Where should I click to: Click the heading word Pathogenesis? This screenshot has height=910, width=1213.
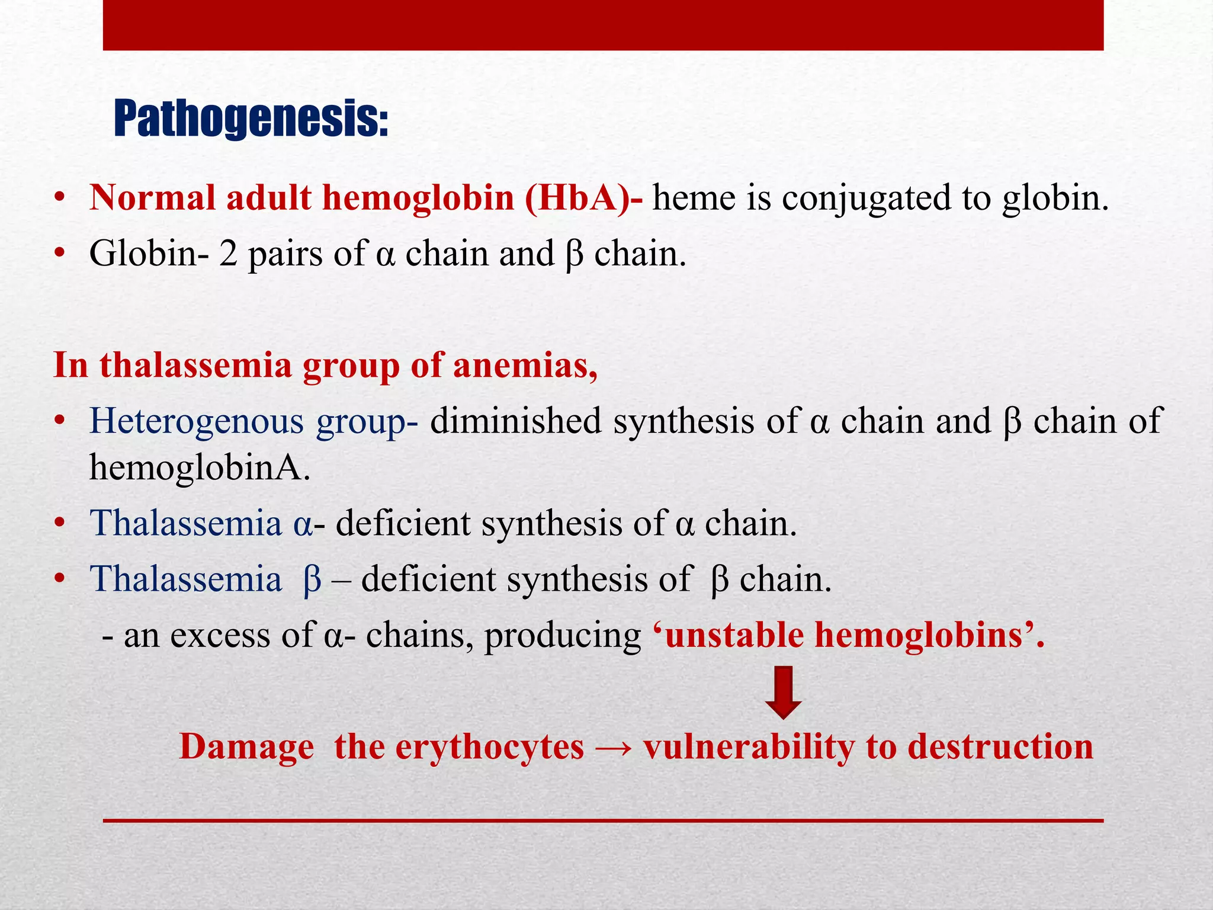pos(251,119)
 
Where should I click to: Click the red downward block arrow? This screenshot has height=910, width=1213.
pos(783,692)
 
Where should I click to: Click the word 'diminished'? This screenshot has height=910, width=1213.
pos(515,421)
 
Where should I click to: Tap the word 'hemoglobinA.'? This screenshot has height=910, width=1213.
pos(200,467)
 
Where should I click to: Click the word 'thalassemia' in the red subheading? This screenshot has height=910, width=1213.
pos(195,366)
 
